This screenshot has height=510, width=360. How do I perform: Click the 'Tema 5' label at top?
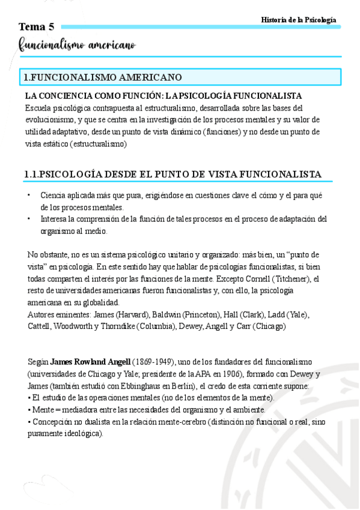point(36,26)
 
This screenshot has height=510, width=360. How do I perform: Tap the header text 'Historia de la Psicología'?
point(299,20)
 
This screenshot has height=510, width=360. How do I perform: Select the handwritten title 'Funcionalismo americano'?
point(77,45)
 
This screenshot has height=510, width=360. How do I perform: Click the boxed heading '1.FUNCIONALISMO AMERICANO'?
point(102,78)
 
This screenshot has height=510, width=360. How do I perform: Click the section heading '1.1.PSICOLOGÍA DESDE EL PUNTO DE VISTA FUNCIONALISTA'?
point(173,174)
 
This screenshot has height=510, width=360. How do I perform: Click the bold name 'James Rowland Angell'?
point(90,361)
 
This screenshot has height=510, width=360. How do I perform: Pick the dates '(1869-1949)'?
point(153,361)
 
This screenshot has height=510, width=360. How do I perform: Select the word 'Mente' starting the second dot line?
point(42,410)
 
